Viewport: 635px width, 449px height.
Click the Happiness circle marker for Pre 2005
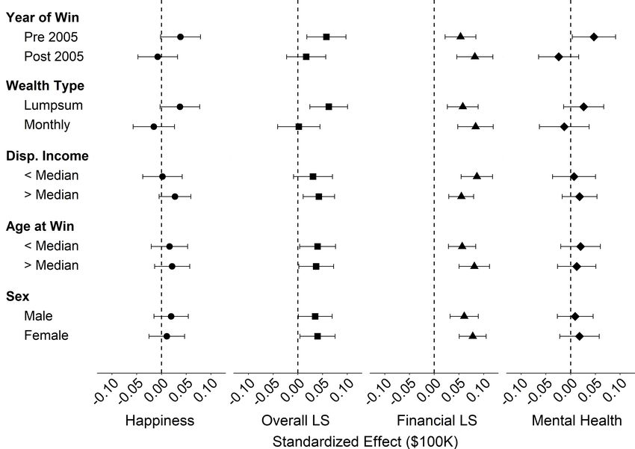coord(180,37)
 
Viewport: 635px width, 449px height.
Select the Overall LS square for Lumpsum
coord(329,107)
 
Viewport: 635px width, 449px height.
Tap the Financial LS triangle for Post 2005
coord(474,56)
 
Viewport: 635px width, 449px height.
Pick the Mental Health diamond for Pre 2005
coord(594,37)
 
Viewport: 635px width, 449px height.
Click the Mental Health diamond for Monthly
coord(564,126)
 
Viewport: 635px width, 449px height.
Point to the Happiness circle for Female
coord(167,336)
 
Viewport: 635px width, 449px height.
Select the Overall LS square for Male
coord(315,317)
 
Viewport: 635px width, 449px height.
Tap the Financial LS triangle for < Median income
coord(477,176)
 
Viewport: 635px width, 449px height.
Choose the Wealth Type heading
coord(45,86)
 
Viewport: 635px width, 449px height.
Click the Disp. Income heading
coord(47,156)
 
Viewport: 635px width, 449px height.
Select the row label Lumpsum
coord(53,106)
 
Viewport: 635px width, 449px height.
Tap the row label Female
coord(46,336)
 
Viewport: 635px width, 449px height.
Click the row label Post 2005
coord(54,57)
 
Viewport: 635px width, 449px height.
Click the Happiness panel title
coord(160,421)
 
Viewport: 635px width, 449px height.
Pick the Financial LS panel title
coord(434,421)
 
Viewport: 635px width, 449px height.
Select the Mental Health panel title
coord(576,421)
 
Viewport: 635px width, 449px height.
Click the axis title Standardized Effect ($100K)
coord(365,442)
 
